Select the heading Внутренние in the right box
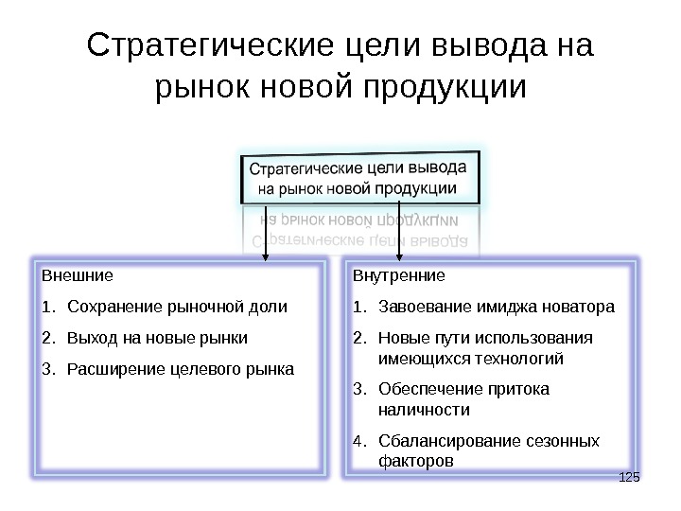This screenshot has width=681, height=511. (x=398, y=276)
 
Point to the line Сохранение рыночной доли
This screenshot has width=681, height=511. (x=178, y=307)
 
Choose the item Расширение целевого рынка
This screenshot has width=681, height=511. (x=181, y=367)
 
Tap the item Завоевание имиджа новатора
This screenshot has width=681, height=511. (x=496, y=307)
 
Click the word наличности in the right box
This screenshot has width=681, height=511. (x=423, y=410)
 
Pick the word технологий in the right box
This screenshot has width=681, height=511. (x=516, y=359)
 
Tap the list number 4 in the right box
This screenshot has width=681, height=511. (x=357, y=441)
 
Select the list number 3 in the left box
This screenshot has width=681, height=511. (x=47, y=367)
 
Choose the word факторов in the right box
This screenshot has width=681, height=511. (x=415, y=461)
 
